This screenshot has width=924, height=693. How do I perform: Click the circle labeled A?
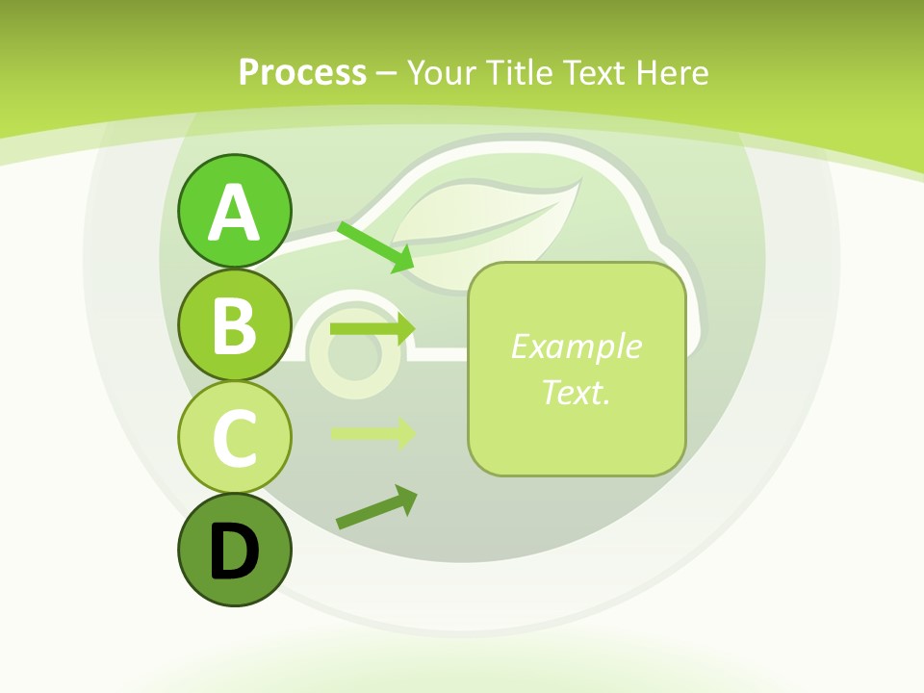point(234,211)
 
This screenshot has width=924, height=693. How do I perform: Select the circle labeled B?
point(234,324)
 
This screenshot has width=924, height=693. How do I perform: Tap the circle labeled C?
point(234,437)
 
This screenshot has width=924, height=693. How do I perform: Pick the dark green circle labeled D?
point(234,550)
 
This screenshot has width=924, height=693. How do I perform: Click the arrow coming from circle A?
point(375,246)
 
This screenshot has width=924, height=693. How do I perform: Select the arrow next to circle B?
point(372,328)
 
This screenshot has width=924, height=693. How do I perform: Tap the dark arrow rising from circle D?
point(376,507)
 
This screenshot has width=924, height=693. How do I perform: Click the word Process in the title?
point(302,72)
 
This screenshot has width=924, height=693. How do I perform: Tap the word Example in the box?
point(576,346)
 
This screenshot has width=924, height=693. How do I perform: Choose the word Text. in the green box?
point(576,392)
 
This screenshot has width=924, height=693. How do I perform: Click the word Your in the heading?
point(439,72)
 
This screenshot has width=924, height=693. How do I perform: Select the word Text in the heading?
point(593,72)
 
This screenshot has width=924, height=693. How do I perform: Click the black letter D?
point(234,552)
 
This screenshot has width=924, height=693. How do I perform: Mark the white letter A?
point(234,213)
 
